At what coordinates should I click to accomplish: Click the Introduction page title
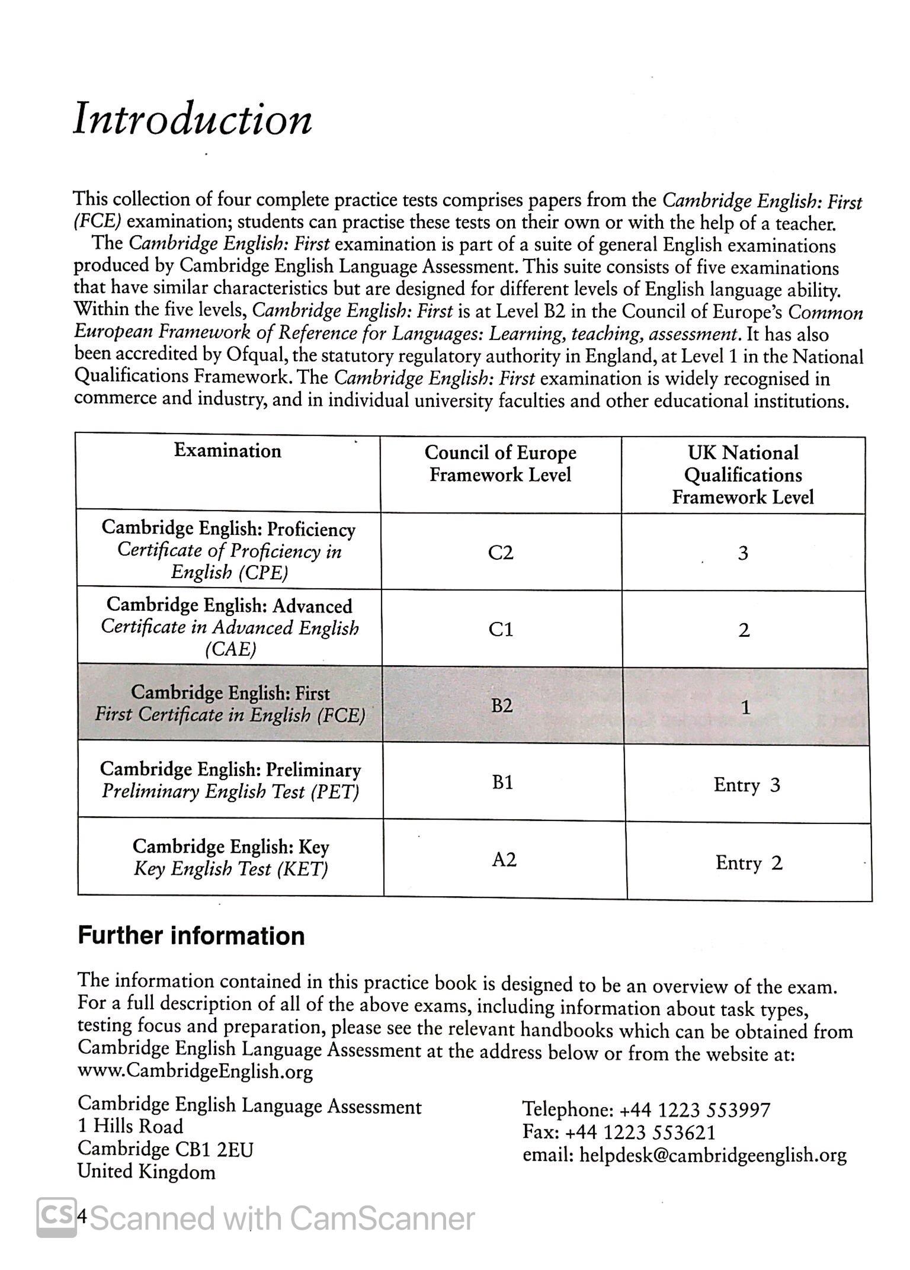(193, 119)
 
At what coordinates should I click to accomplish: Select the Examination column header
(227, 451)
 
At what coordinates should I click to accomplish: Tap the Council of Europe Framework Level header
(501, 463)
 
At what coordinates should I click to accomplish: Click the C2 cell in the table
(501, 552)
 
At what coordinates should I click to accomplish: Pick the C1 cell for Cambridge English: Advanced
(501, 628)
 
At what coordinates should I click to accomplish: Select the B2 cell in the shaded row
(502, 705)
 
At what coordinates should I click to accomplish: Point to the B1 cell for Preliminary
(502, 782)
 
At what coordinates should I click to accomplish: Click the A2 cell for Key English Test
(504, 860)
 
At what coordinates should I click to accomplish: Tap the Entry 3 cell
(746, 785)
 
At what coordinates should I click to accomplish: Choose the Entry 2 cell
(749, 862)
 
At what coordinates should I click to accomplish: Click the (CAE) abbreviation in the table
(230, 650)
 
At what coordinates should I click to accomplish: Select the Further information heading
(191, 936)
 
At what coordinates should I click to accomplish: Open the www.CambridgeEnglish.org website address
(196, 1071)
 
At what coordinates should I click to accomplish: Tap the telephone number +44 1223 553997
(694, 1109)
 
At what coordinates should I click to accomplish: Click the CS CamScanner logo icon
(56, 1217)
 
